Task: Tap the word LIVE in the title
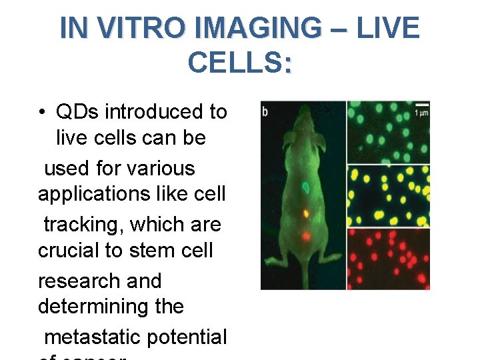coord(388,28)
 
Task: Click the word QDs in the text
coord(79,112)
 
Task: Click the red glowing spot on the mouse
coord(305,235)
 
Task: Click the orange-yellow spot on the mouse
coord(305,214)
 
